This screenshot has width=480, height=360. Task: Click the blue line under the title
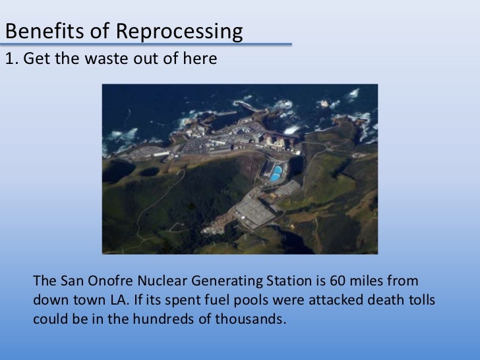[x=145, y=45]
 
